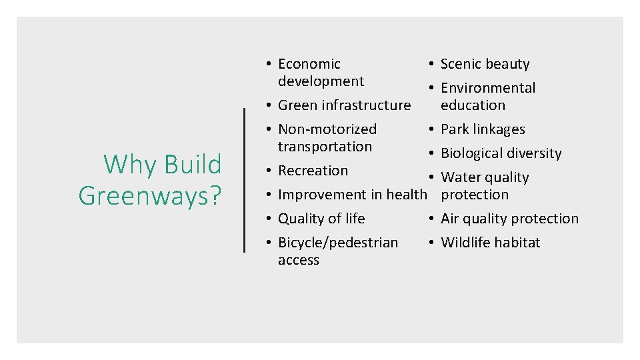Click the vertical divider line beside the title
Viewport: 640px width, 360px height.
point(245,179)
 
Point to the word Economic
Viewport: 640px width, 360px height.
point(309,64)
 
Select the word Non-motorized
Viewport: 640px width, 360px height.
point(327,129)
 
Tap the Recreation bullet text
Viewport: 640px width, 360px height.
point(313,171)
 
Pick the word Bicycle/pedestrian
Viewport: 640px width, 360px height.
point(337,243)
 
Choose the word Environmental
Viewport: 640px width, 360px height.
point(487,88)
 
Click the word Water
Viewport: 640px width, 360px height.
point(457,177)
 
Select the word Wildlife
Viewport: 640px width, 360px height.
point(464,243)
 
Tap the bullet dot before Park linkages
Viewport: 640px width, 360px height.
point(432,129)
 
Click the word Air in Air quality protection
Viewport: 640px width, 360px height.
point(450,219)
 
